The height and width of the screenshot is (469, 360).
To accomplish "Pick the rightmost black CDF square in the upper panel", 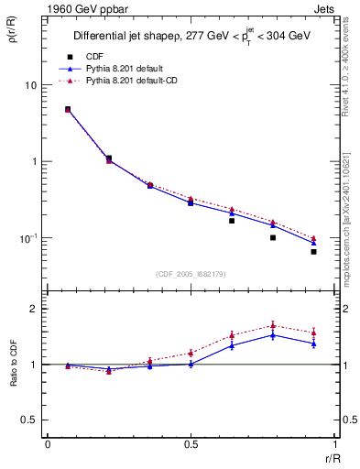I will [313, 251].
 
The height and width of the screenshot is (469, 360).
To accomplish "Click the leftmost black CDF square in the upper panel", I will [68, 109].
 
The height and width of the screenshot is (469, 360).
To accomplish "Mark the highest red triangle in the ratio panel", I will [273, 325].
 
